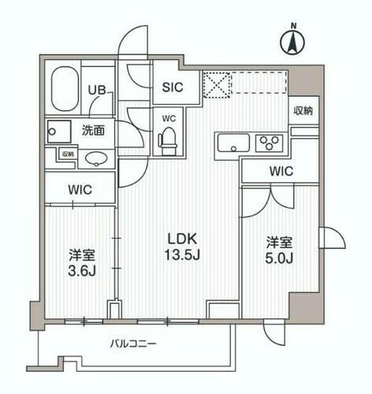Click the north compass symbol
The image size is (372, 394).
click(292, 41)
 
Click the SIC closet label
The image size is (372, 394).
click(173, 88)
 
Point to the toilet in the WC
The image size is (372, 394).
click(168, 140)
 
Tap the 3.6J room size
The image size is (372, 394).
click(76, 273)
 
